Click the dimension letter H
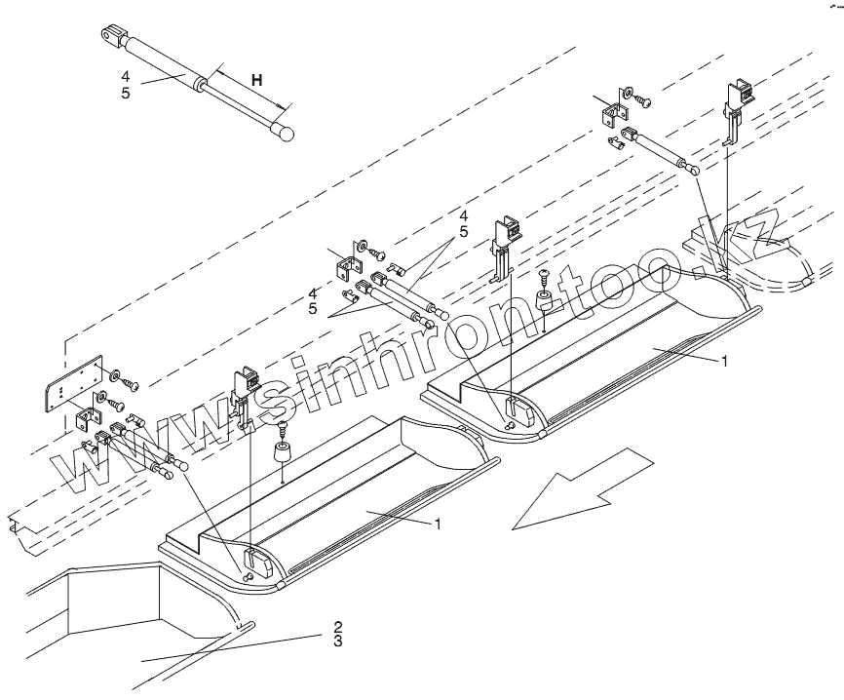[x=255, y=80]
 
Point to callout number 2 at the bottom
[x=337, y=625]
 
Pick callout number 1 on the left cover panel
[x=439, y=524]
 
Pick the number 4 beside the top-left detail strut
[x=126, y=75]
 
